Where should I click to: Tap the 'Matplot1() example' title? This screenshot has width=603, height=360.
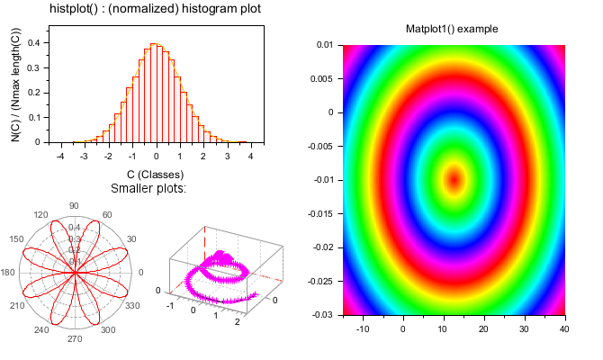point(452,29)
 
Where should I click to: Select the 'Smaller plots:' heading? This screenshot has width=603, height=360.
point(148,188)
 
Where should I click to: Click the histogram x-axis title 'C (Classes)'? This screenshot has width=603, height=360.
point(155,174)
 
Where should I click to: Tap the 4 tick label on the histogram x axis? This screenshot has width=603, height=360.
point(250,156)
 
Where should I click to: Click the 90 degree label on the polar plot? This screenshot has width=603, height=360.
point(74,205)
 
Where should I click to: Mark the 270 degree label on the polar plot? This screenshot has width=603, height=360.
point(74,339)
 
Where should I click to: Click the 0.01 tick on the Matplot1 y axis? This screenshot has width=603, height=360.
point(325,44)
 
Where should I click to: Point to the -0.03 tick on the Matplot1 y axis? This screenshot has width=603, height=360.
point(322,314)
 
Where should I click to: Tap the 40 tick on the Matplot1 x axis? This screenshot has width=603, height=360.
point(564,329)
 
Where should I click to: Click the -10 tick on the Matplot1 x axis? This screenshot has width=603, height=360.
point(364,329)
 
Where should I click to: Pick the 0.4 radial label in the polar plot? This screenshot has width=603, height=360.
point(75,228)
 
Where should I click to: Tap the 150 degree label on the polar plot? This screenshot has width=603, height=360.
point(16,238)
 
